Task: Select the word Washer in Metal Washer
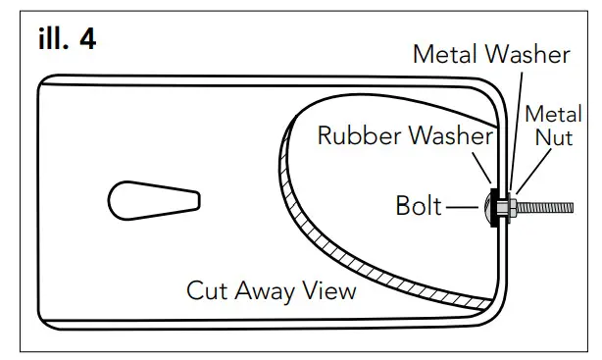point(529,55)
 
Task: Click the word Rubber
point(359,134)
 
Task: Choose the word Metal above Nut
point(552,114)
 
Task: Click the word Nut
point(552,138)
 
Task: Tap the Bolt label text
point(420,207)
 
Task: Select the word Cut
point(206,290)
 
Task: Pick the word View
point(329,290)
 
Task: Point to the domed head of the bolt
point(490,208)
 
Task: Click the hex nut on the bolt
point(511,208)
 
